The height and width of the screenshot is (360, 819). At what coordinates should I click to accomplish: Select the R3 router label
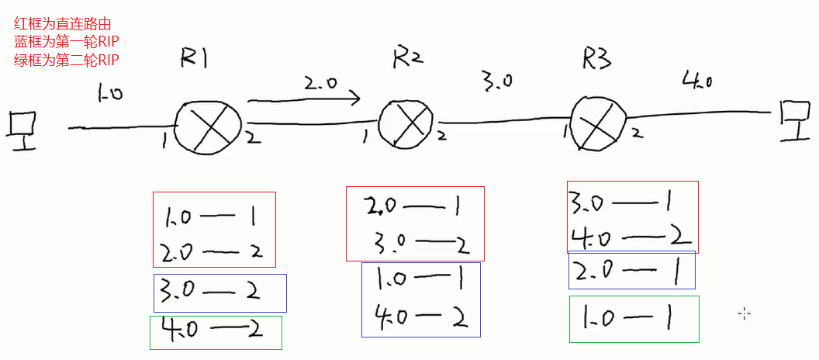tap(599, 57)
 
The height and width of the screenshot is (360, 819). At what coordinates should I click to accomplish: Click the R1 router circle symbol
tap(208, 126)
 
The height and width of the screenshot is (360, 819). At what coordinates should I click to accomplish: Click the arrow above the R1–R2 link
tap(304, 99)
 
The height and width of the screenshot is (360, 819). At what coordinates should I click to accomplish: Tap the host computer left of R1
tap(21, 128)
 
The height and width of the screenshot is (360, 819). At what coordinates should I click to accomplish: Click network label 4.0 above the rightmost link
tap(697, 79)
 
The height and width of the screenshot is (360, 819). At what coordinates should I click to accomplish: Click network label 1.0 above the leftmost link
tap(110, 94)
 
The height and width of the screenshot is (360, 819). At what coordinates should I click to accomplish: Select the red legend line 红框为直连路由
tap(62, 26)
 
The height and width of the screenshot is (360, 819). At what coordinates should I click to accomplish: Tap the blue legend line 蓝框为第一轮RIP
tap(66, 42)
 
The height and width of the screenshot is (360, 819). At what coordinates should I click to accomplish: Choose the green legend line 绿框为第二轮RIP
tap(66, 59)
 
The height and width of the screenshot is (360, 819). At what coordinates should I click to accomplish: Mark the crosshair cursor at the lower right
tap(745, 313)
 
